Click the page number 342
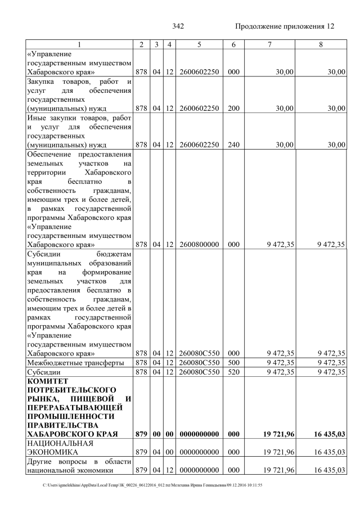[x=178, y=26]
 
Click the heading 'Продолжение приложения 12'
[x=284, y=26]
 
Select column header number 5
[x=199, y=44]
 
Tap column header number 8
[x=321, y=44]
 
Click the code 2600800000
[x=199, y=245]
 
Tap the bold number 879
[x=143, y=435]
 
